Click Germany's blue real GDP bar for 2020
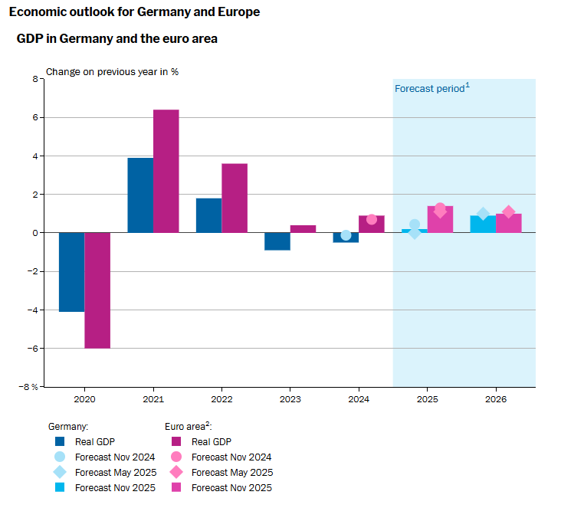(x=71, y=272)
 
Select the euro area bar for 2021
(x=166, y=171)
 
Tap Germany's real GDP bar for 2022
(x=208, y=215)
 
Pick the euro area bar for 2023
(x=303, y=228)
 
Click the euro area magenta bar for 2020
(x=97, y=290)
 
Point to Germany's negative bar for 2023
(x=277, y=241)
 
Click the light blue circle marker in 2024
(x=346, y=235)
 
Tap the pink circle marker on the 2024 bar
(x=372, y=219)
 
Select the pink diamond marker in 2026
(x=508, y=212)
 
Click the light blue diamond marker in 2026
(x=483, y=215)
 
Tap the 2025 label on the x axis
(x=427, y=400)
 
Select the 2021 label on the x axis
(x=153, y=400)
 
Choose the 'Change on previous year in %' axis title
(x=113, y=72)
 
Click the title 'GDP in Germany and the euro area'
(x=117, y=38)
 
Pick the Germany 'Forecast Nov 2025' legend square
(x=60, y=487)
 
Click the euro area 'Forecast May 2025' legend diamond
(x=177, y=472)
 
